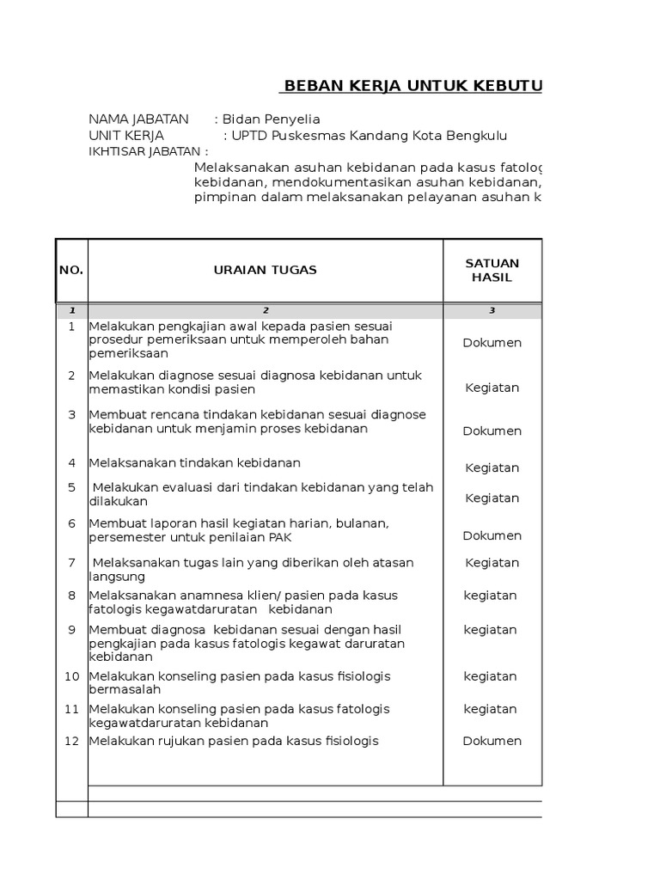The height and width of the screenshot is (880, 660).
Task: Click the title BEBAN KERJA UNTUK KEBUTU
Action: pos(412,86)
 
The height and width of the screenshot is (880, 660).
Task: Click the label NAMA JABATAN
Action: pos(138,119)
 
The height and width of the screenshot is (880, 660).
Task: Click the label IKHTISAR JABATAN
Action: pos(149,151)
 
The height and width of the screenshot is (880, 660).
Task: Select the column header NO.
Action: pos(71,270)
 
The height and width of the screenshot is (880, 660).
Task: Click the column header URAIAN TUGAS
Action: pos(265,270)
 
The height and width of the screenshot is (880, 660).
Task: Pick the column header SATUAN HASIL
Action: pos(492,270)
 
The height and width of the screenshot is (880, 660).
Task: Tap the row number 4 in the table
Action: pos(72,463)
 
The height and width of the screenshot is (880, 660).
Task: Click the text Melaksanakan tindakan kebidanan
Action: pos(195,463)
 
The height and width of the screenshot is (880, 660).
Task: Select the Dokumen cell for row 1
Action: pos(492,343)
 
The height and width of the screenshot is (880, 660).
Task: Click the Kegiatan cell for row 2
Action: pos(492,388)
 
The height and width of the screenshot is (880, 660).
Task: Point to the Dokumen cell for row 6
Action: pos(492,535)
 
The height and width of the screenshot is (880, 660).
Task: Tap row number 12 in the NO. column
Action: pos(72,741)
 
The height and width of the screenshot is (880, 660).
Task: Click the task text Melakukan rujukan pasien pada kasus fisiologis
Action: pos(234,741)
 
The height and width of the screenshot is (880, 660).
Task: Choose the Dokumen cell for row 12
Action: pos(492,741)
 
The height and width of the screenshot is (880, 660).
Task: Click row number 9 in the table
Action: pos(72,630)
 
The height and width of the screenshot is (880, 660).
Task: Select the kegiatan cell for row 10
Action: pos(490,676)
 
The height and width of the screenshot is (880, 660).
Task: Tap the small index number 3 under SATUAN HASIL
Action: pos(492,311)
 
